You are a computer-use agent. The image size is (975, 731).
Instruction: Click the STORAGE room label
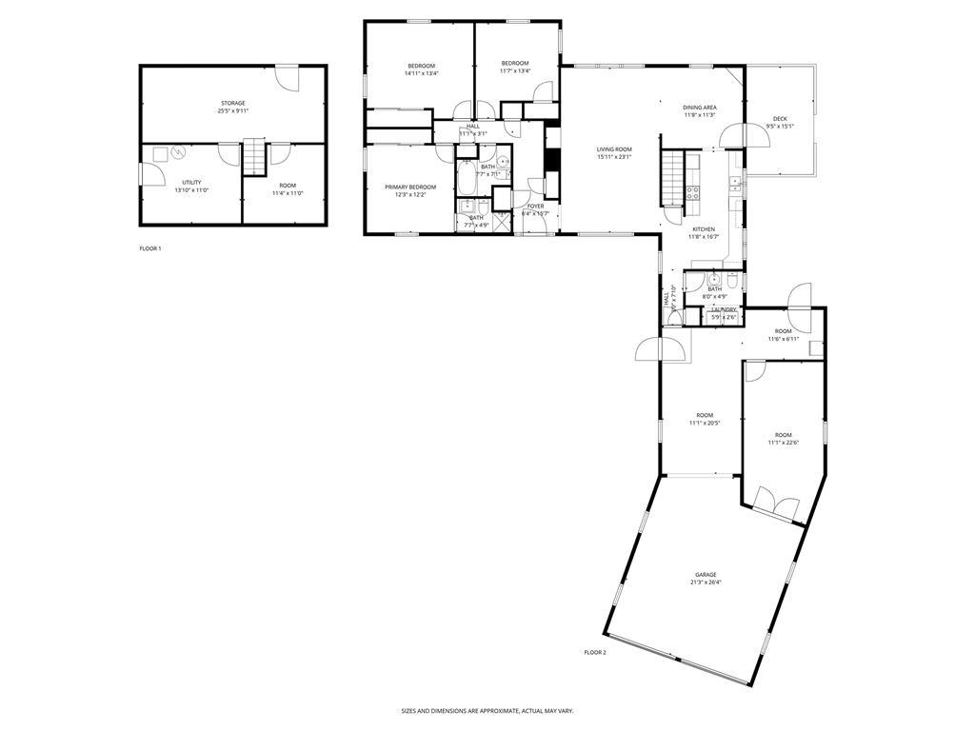point(233,103)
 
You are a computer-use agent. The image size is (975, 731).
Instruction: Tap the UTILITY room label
point(191,182)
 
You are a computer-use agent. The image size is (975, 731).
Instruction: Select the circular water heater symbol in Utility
point(177,155)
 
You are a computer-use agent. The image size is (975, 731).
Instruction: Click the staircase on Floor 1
point(253,157)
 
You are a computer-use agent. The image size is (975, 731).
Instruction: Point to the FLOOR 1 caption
point(150,248)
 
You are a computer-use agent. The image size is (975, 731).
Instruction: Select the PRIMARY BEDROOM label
point(410,187)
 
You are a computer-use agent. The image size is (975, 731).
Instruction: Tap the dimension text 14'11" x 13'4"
point(421,73)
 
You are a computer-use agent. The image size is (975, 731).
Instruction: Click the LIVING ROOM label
point(614,149)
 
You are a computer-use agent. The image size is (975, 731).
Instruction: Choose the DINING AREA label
point(699,108)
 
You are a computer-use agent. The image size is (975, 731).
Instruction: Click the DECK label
point(780,119)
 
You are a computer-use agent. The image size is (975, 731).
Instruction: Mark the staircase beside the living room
point(674,175)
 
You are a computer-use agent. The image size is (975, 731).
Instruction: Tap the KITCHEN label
point(704,229)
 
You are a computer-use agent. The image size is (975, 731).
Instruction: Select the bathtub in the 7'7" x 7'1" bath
point(466,177)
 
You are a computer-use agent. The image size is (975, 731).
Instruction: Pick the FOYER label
point(535,206)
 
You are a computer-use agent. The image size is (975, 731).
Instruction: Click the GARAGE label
point(705,575)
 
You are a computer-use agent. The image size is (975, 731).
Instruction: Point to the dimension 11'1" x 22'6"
point(783,442)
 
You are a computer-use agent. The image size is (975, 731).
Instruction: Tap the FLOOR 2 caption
point(595,652)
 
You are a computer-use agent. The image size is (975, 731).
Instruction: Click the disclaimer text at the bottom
point(487,710)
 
